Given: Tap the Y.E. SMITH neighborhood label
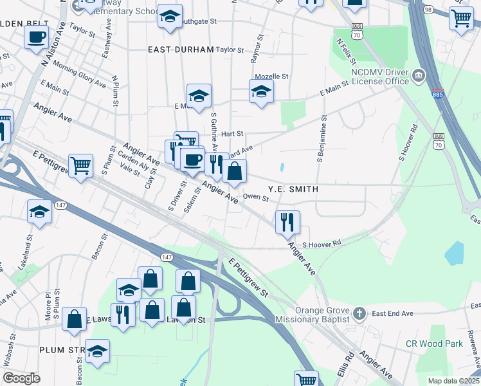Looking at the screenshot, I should (294, 189).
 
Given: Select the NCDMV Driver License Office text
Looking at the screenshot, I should (380, 77).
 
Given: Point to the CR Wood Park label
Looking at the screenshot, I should (434, 344).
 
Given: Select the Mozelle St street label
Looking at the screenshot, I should (271, 76).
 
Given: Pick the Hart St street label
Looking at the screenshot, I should (231, 134).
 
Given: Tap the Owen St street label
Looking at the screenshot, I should (255, 198).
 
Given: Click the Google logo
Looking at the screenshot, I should (22, 378).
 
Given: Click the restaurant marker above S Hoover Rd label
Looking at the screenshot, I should (287, 221).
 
